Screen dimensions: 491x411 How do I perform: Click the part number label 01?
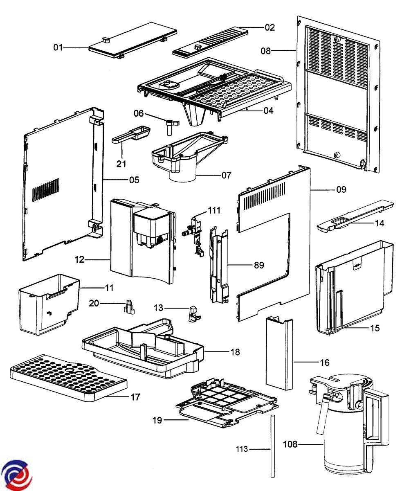click(58, 48)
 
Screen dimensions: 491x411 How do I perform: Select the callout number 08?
click(266, 51)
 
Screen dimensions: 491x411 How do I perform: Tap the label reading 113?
click(242, 449)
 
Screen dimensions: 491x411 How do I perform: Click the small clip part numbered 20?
click(129, 307)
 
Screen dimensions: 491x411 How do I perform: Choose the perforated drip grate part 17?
click(67, 377)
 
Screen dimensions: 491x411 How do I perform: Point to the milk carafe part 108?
click(348, 426)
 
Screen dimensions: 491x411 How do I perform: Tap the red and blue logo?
click(16, 475)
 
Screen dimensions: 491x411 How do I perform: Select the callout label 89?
click(259, 265)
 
